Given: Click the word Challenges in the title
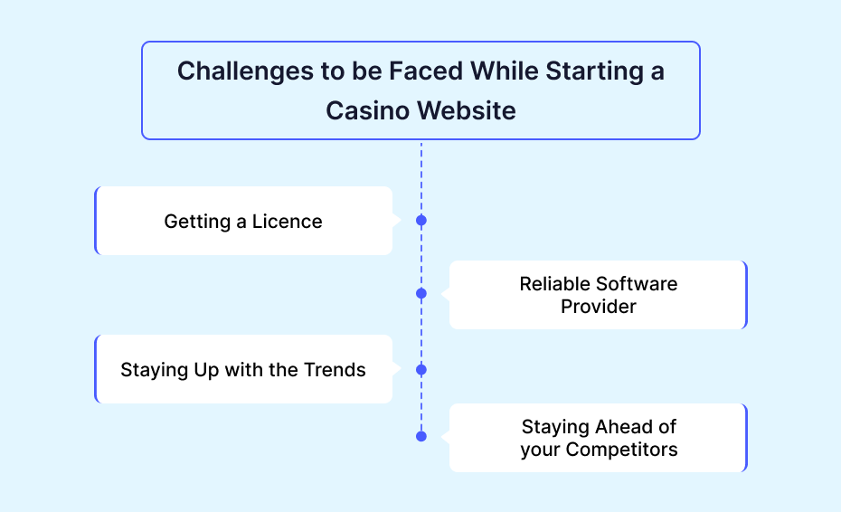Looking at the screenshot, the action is tap(246, 72).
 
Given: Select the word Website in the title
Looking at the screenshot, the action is tap(467, 111).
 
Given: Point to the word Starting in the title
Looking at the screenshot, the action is tap(594, 72).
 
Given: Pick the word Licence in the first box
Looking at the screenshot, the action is tap(287, 221).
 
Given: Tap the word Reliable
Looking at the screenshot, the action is tap(554, 284).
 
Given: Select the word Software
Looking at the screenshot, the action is tap(637, 284).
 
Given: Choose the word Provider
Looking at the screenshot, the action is tap(599, 307).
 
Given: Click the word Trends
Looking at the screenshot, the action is tap(335, 370).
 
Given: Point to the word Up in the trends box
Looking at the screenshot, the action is tap(206, 371).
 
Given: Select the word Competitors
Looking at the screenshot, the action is tap(621, 450).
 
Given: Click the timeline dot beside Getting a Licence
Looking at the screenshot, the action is tap(421, 221).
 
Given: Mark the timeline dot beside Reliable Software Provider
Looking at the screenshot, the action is tap(421, 294).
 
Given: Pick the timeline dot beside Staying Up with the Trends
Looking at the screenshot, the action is tap(421, 370).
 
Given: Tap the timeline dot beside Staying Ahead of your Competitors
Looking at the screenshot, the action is tap(421, 436).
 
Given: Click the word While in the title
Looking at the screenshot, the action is tap(505, 71).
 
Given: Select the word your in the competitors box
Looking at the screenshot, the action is tap(540, 450).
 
